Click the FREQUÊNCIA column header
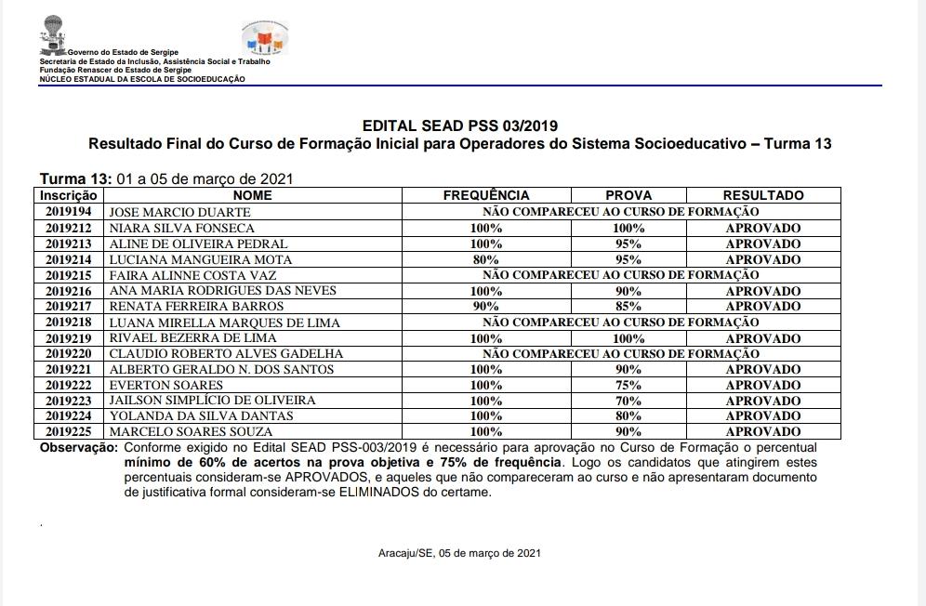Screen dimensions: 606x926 485,195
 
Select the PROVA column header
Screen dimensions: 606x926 628,195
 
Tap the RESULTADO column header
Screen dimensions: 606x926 762,195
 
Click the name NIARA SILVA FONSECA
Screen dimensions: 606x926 181,228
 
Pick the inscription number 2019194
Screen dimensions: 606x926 69,212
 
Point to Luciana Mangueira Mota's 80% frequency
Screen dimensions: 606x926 485,259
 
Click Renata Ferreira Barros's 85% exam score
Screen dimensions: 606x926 628,307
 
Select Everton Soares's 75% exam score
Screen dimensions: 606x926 628,385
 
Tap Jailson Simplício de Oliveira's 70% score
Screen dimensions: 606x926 628,401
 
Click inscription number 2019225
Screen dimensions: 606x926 69,432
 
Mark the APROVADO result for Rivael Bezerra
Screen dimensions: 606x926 762,338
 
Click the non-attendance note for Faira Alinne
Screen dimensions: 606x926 621,275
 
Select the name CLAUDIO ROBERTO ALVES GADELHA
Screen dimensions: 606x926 226,354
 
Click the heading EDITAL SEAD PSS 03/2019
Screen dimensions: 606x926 460,125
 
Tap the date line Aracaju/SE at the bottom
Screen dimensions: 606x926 459,553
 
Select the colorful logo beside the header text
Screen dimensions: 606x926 264,39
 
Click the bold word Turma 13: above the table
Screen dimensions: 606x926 74,178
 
